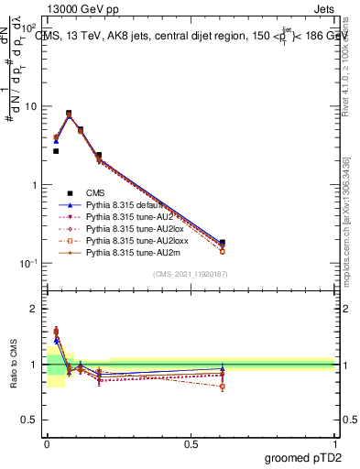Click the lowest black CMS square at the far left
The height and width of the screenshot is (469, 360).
point(56,151)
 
